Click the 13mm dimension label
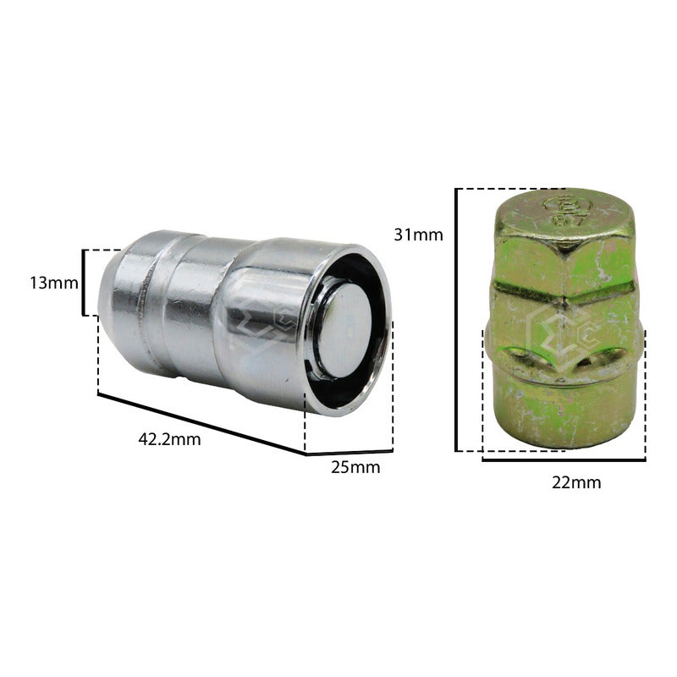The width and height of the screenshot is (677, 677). [x=54, y=283]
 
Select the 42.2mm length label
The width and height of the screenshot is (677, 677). [x=170, y=439]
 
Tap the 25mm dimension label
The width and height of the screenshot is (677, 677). [x=355, y=467]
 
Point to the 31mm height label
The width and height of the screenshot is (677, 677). [x=418, y=234]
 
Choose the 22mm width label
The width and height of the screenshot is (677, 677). [x=576, y=482]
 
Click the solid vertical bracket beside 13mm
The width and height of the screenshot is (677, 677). [x=83, y=283]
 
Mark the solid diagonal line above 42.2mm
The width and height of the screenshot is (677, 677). [x=201, y=424]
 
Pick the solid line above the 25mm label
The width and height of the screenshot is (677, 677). [x=350, y=453]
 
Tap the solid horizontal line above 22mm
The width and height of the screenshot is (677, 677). [x=564, y=460]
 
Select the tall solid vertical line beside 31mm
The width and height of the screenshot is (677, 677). [x=456, y=320]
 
